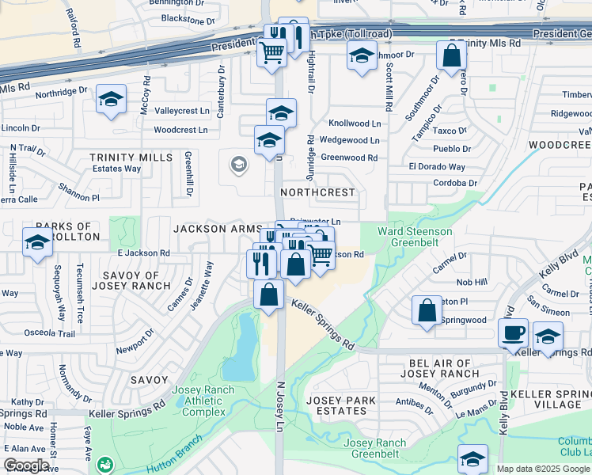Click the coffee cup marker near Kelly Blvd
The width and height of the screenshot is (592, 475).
(513, 332)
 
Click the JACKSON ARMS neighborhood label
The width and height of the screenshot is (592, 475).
(217, 229)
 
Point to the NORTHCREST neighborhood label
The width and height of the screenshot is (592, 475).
(317, 192)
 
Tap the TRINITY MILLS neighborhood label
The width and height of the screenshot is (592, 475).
(131, 158)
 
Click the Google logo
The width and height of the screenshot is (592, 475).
(26, 465)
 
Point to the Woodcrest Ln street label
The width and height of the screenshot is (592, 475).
(180, 129)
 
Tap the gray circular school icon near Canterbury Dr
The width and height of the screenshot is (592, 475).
(237, 165)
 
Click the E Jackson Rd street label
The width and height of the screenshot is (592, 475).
(143, 253)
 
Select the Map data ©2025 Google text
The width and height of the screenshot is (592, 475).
(542, 469)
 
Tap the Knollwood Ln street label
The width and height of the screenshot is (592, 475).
(355, 124)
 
